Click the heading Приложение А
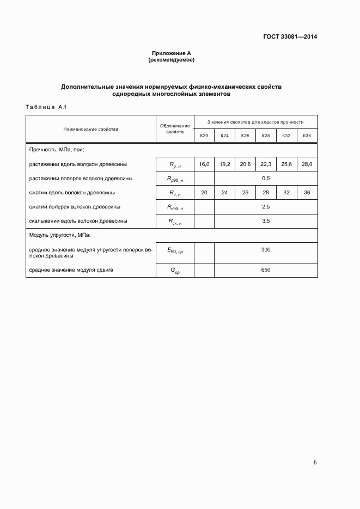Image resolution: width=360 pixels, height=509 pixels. tap(172, 53)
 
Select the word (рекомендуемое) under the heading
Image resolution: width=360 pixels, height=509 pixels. tap(172, 59)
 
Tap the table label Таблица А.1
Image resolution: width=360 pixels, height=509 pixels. tap(46, 107)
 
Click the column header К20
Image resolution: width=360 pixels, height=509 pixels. tap(204, 135)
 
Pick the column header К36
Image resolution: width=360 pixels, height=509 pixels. tap(307, 135)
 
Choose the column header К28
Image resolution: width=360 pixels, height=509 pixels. tap(266, 135)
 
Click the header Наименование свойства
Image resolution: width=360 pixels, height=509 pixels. tap(91, 129)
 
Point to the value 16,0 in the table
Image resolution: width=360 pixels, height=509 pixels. tap(204, 164)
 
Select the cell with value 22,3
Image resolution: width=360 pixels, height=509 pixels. tap(266, 164)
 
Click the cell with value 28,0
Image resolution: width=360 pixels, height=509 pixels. tap(307, 164)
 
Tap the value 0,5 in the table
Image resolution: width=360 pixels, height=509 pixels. tap(266, 178)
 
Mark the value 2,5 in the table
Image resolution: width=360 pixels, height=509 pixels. tap(266, 207)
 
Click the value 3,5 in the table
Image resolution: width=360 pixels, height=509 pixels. tap(266, 221)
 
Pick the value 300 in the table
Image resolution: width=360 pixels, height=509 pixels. tap(266, 250)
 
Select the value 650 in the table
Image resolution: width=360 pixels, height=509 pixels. tap(266, 270)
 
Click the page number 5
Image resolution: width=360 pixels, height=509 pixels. tap(315, 463)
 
